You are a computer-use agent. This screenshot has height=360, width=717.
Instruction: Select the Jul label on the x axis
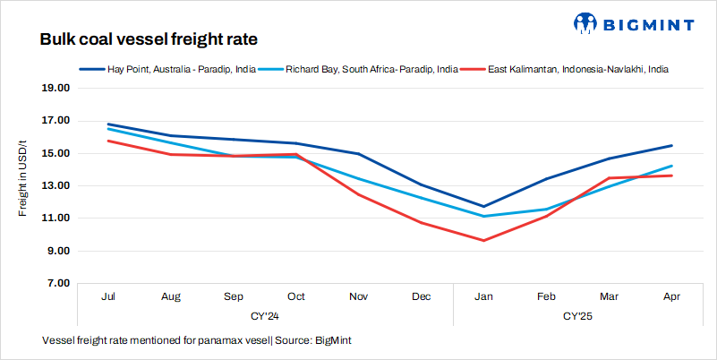tap(108, 296)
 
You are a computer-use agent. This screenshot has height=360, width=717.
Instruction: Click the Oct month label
tap(296, 296)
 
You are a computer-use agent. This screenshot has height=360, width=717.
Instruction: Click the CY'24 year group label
tap(265, 316)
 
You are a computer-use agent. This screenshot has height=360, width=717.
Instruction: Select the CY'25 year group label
tap(578, 316)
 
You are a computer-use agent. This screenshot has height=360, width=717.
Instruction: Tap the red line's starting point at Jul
tap(108, 141)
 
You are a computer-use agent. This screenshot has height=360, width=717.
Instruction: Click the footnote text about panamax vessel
tap(202, 341)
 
